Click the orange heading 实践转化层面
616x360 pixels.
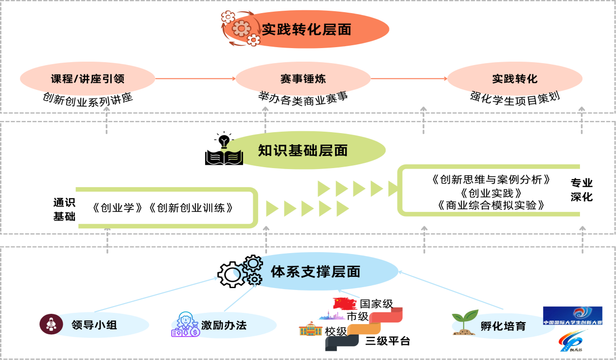click(x=307, y=30)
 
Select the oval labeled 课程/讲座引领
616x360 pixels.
click(x=88, y=79)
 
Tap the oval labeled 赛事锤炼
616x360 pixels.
click(x=303, y=79)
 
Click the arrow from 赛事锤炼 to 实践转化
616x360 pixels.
click(x=408, y=79)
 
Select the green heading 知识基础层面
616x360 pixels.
click(x=302, y=151)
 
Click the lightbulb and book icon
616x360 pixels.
click(x=224, y=150)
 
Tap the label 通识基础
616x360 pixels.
click(x=64, y=209)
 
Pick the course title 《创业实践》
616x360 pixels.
click(x=491, y=193)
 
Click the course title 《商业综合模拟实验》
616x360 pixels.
click(x=491, y=206)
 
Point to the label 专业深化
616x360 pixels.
click(x=581, y=190)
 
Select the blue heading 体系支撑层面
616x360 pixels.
click(x=315, y=272)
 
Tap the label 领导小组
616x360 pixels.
click(x=94, y=326)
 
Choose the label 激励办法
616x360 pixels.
click(x=224, y=326)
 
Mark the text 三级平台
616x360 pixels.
click(x=387, y=341)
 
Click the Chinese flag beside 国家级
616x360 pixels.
click(x=345, y=304)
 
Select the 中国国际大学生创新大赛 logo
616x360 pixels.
click(x=572, y=316)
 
